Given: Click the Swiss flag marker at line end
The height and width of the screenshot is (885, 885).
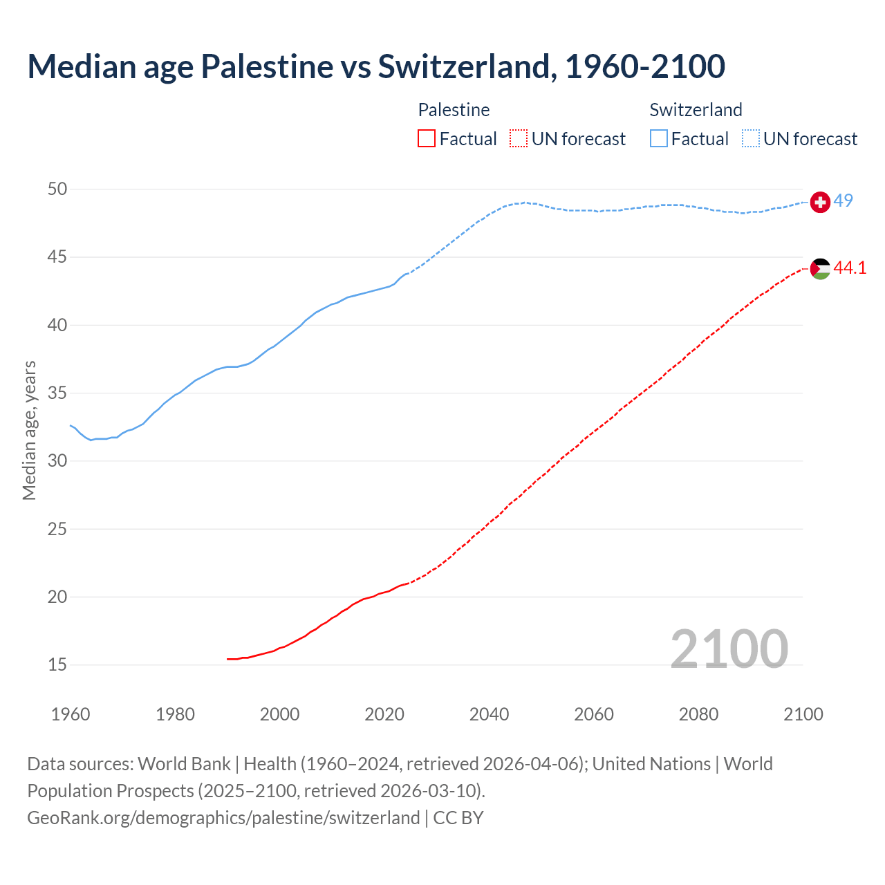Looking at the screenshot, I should tap(820, 202).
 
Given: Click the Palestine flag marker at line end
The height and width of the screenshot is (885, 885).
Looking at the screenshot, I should tap(820, 269).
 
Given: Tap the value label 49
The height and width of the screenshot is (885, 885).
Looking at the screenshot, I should tap(843, 201).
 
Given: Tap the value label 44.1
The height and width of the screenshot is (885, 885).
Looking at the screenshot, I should tap(850, 268).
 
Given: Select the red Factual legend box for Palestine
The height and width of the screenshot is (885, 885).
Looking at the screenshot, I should tap(427, 139).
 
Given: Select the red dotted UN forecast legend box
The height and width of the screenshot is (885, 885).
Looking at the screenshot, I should tap(519, 139).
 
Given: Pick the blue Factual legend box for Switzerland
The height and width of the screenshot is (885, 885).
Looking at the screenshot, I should tap(659, 139).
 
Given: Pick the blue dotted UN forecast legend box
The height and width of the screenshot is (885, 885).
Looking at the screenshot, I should tap(751, 139).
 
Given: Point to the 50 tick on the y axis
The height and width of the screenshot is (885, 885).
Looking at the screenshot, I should tap(57, 189).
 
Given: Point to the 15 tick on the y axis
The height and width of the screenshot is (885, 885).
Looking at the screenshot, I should tap(57, 664).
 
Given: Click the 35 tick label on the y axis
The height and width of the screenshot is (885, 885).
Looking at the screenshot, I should tap(57, 393).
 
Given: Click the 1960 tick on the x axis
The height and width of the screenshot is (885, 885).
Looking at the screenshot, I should tap(71, 714).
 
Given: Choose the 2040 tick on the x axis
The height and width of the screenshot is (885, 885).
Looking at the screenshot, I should tap(489, 714).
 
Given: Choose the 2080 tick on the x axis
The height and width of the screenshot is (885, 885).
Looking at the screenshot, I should tap(698, 714).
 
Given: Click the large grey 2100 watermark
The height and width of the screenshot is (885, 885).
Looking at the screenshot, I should tap(729, 649).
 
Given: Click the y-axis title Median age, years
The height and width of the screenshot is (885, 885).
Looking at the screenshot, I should tap(29, 430).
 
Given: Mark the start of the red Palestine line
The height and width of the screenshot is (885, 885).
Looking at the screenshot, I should tap(227, 659).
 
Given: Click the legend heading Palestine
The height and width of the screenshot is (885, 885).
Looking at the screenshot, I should tap(454, 110).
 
